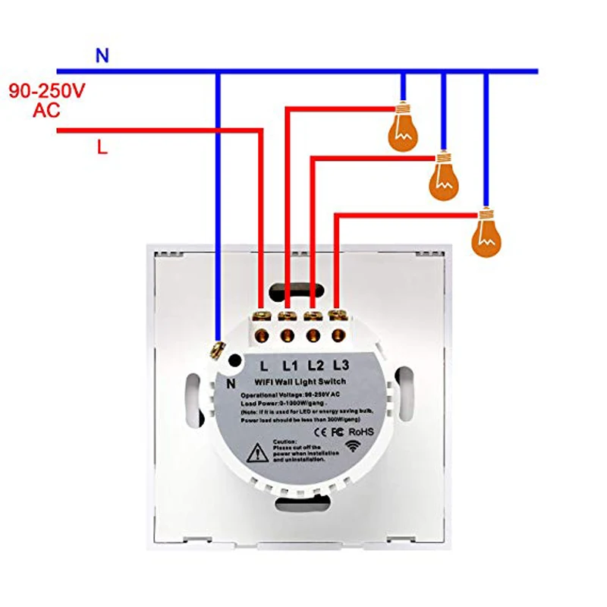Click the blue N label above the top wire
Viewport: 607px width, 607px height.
(102, 55)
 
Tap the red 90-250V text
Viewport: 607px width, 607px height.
(47, 91)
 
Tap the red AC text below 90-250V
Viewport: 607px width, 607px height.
(47, 111)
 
